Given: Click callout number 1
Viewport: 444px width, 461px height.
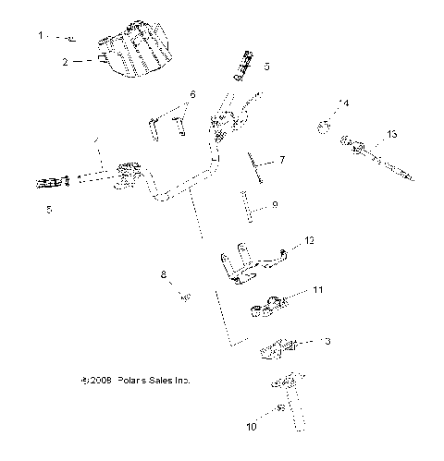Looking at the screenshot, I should click(40, 35).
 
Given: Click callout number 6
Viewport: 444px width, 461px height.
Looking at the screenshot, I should click(193, 94).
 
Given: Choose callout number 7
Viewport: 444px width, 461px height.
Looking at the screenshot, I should click(282, 161).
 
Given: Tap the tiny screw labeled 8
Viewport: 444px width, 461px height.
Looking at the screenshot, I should click(185, 297).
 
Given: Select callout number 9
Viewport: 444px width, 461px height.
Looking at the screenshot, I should click(275, 205).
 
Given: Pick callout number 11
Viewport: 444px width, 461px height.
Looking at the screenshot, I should click(317, 291).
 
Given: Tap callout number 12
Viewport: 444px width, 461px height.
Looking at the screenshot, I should click(310, 241).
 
